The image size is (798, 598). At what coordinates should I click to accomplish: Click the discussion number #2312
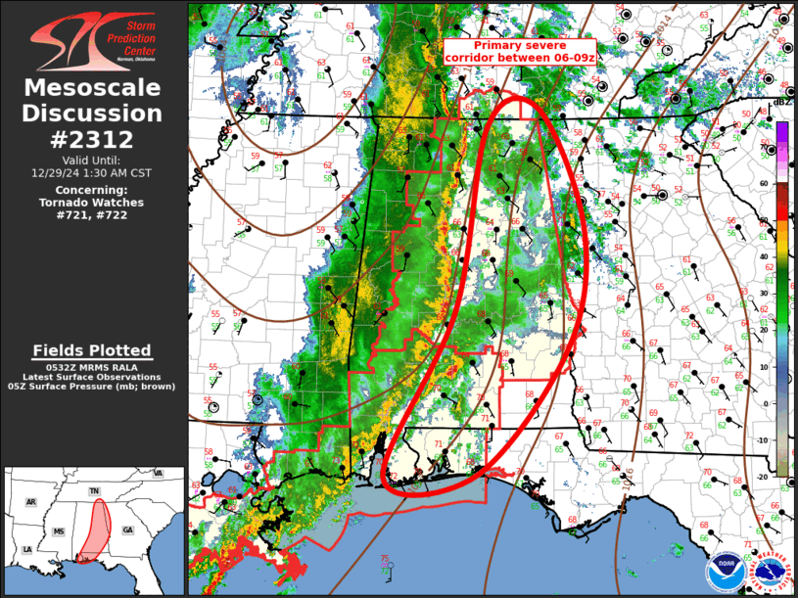(92, 138)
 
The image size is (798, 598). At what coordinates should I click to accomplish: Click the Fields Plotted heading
(92, 350)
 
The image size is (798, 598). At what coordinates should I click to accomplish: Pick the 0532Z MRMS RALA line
(92, 366)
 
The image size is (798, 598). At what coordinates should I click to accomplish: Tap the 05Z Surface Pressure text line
(92, 387)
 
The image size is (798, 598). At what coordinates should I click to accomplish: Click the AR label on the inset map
(30, 502)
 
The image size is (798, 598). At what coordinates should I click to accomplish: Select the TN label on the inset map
(94, 491)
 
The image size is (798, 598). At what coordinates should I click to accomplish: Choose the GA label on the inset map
(127, 529)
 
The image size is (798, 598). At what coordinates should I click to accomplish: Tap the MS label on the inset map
(59, 531)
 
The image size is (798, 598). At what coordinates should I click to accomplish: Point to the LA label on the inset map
(27, 549)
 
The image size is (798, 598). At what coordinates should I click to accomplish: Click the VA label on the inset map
(158, 474)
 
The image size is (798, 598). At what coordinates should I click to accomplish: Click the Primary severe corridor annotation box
(519, 52)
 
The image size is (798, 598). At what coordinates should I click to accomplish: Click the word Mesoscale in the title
(92, 88)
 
